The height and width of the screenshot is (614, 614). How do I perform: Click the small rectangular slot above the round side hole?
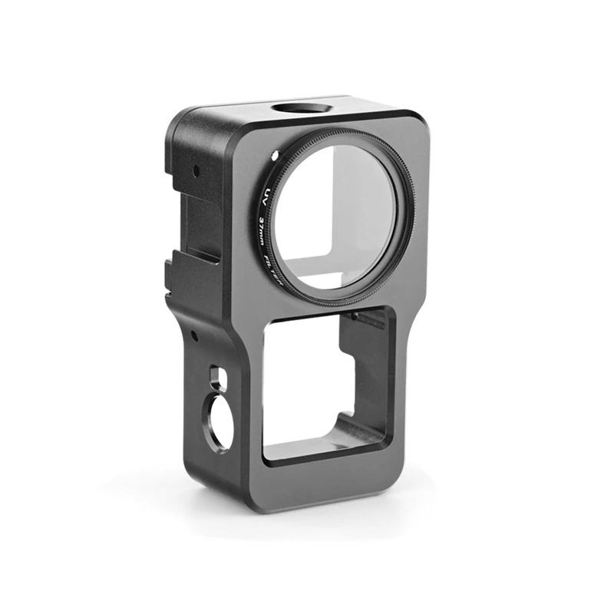pyautogui.click(x=215, y=377)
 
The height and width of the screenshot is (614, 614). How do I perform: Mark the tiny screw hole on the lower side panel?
pyautogui.click(x=195, y=335)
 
